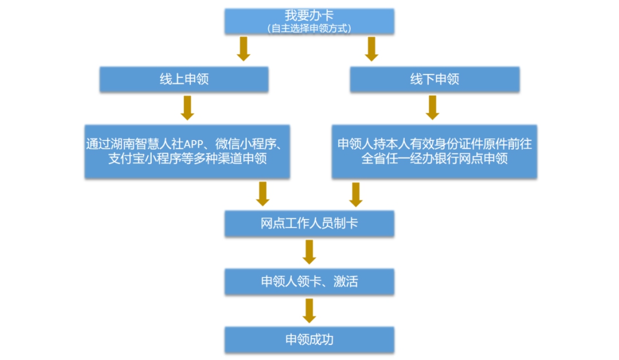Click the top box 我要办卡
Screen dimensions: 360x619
[x=309, y=16]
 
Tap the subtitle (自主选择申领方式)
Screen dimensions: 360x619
[x=309, y=28]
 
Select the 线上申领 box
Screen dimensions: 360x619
[x=184, y=79]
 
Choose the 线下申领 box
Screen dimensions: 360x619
[x=434, y=79]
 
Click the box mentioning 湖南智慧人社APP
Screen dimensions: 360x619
[x=187, y=151]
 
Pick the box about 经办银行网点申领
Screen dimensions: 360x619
[x=434, y=151]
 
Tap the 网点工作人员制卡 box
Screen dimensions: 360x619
[x=309, y=223]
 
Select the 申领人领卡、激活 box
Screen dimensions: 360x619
[x=309, y=281]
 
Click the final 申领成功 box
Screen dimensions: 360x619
[x=309, y=339]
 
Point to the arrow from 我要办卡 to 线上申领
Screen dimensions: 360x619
[x=244, y=49]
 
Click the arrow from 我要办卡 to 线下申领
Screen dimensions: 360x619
[x=371, y=49]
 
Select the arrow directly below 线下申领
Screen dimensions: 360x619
[x=433, y=108]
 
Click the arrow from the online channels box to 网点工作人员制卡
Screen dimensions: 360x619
[x=263, y=194]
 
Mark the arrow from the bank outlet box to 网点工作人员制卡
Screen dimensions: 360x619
[x=356, y=194]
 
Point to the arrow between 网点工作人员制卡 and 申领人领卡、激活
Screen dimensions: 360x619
[x=309, y=252]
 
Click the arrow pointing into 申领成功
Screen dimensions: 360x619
[x=309, y=311]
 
